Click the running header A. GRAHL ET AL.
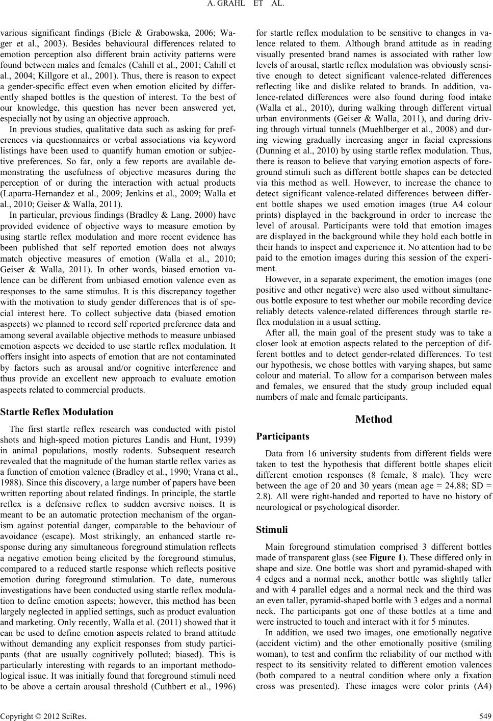pyautogui.click(x=246, y=7)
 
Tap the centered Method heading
pyautogui.click(x=373, y=419)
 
